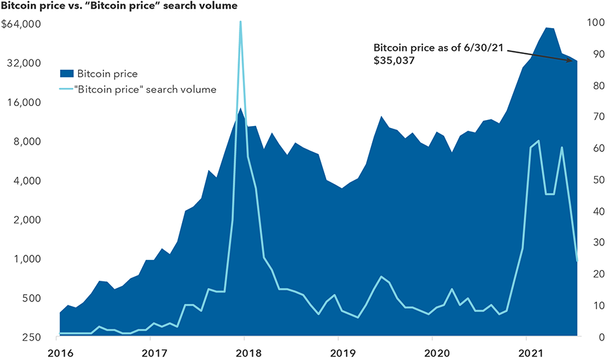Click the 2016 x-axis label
click(60, 352)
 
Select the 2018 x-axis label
click(247, 352)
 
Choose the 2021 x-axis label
click(528, 352)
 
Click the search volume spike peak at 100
click(240, 22)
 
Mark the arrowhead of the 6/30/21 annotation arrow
click(574, 61)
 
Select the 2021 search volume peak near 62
click(538, 141)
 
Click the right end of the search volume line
click(577, 261)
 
